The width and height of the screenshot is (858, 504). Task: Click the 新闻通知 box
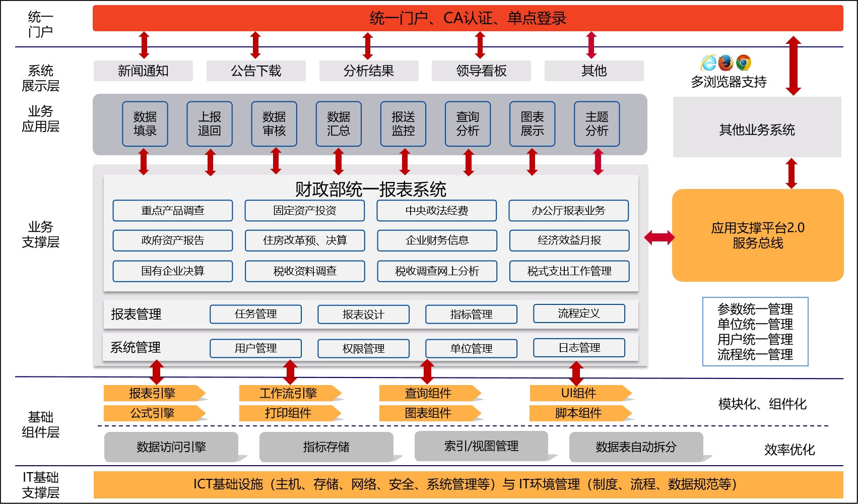tap(143, 71)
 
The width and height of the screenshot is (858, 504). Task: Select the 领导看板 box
tap(481, 71)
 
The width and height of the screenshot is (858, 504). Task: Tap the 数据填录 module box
tap(145, 124)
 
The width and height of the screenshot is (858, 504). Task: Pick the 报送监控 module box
tap(403, 124)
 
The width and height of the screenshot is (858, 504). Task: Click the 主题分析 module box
tap(597, 124)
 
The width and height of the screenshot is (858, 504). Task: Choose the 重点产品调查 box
tap(173, 211)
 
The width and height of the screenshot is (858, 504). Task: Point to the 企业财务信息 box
tap(437, 240)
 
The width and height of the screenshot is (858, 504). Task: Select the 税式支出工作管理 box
tap(569, 271)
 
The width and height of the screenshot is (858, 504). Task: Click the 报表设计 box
tap(363, 314)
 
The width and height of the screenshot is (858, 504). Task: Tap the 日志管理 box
tap(579, 348)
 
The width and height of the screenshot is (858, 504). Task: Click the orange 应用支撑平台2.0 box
tap(758, 235)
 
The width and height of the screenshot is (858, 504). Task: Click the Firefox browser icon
tap(725, 63)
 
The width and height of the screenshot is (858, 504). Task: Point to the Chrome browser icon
tap(743, 63)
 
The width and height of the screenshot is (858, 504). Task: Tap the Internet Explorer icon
tap(708, 63)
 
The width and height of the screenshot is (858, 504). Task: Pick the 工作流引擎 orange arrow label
tap(288, 393)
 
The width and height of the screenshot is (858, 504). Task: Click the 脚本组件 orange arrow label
tap(578, 413)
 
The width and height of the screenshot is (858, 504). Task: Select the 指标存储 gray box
tap(326, 447)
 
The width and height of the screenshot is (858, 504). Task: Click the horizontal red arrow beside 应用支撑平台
tap(659, 237)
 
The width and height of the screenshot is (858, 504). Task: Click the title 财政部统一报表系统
tap(370, 190)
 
